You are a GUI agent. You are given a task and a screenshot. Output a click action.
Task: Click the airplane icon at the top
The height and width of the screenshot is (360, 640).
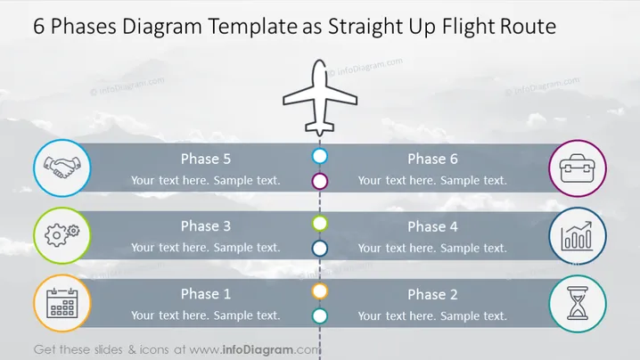pyautogui.click(x=320, y=98)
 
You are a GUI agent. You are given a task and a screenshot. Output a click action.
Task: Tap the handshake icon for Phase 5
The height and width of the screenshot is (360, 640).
pyautogui.click(x=62, y=168)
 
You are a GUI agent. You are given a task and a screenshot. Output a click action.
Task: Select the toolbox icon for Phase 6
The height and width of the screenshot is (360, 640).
pyautogui.click(x=577, y=168)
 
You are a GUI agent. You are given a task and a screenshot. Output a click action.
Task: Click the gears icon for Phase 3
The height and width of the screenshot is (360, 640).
pyautogui.click(x=62, y=235)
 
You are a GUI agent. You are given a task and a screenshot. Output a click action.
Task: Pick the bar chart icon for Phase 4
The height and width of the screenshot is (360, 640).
pyautogui.click(x=577, y=236)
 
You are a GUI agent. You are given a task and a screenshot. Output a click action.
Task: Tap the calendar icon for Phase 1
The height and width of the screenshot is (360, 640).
pyautogui.click(x=62, y=303)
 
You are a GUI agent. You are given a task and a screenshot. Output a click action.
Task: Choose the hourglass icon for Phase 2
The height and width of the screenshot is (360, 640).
pyautogui.click(x=577, y=303)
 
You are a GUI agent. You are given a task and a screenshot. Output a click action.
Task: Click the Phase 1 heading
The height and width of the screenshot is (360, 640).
pyautogui.click(x=206, y=294)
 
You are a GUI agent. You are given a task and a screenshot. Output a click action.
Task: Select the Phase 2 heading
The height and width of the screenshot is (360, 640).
pyautogui.click(x=432, y=295)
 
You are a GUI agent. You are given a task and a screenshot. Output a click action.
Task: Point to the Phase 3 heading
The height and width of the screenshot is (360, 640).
pyautogui.click(x=206, y=226)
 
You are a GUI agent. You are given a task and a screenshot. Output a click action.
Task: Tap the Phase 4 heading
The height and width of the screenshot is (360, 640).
pyautogui.click(x=432, y=227)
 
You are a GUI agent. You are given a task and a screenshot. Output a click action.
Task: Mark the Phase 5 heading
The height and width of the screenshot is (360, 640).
pyautogui.click(x=206, y=159)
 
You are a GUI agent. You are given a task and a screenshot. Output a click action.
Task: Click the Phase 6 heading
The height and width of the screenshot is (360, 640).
pyautogui.click(x=432, y=159)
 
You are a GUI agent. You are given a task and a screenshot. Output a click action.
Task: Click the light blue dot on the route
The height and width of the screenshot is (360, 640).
pyautogui.click(x=320, y=156)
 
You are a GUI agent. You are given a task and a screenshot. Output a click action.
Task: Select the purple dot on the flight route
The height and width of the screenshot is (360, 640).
pyautogui.click(x=320, y=181)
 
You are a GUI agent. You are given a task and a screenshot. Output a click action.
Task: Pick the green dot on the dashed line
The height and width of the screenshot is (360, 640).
pyautogui.click(x=320, y=224)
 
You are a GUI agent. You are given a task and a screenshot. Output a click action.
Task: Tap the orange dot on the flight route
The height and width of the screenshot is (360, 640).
pyautogui.click(x=320, y=291)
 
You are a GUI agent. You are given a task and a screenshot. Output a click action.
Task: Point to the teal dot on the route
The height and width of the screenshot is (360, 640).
pyautogui.click(x=320, y=316)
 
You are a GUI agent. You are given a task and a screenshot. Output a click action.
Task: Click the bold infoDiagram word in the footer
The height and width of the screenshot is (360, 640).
pyautogui.click(x=258, y=350)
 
